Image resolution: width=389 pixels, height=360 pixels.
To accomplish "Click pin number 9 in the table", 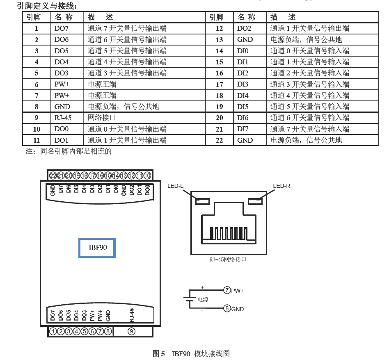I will click(37, 118).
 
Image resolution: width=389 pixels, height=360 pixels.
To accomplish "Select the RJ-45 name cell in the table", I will click(63, 118).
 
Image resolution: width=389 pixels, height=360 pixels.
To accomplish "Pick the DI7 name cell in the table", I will click(243, 129).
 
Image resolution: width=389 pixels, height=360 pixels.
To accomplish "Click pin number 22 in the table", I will click(219, 140).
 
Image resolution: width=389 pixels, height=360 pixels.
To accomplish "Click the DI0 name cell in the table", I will click(243, 51).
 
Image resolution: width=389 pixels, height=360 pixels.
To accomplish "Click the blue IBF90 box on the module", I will click(97, 248).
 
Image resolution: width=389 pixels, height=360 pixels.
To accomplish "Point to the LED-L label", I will click(175, 186).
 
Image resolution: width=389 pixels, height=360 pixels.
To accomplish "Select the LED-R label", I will click(281, 186).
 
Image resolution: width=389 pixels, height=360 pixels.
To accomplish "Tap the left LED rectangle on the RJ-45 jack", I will click(203, 201).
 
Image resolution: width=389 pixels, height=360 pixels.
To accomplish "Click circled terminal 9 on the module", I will click(132, 331).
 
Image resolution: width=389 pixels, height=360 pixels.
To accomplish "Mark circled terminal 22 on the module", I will click(53, 175).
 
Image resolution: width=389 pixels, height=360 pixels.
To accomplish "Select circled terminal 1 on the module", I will click(53, 331).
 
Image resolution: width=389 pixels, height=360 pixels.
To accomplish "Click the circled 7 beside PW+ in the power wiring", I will click(227, 290).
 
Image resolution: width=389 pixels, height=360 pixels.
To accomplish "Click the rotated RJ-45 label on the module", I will click(131, 314).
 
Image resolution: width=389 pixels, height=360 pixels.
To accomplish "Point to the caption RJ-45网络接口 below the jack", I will click(228, 260).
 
